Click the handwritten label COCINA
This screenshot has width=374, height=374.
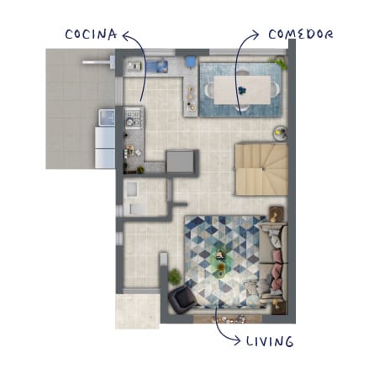tap(91, 34)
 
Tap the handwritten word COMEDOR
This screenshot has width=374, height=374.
tap(301, 34)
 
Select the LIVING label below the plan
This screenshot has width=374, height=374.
tap(270, 341)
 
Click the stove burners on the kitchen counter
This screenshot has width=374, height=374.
tap(134, 118)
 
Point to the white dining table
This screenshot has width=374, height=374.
tap(242, 90)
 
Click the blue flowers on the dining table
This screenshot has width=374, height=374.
tap(241, 90)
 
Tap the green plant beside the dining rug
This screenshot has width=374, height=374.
tap(280, 63)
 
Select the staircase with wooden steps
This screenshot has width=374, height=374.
tap(261, 170)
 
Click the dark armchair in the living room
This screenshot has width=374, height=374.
tap(182, 298)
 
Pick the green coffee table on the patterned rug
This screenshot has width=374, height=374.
tap(220, 261)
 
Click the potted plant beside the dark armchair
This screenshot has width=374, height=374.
tap(175, 277)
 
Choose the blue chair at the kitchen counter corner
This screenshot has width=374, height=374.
tap(191, 61)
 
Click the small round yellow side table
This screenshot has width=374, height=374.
tap(280, 133)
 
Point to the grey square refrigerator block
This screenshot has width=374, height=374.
tap(180, 162)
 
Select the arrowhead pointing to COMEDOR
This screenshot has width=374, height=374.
tap(255, 35)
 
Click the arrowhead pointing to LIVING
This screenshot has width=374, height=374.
tap(236, 340)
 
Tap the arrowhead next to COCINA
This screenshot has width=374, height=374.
tap(127, 35)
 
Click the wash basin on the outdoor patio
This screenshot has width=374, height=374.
tap(107, 118)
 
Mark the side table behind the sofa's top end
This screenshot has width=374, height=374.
tap(277, 214)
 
